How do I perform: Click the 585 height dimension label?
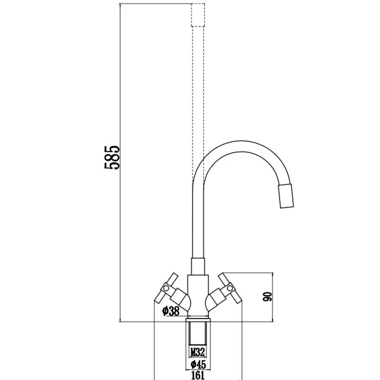(x=112, y=157)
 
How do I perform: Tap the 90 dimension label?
(x=267, y=297)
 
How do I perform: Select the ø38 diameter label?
(x=171, y=311)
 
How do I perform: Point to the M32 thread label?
(x=198, y=352)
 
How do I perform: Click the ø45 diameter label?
(x=198, y=364)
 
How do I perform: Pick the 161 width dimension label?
(x=198, y=375)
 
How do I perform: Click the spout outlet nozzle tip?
(x=286, y=196)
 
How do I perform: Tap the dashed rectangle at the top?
(x=198, y=15)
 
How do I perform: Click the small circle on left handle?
(x=166, y=288)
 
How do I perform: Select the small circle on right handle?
(x=230, y=288)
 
